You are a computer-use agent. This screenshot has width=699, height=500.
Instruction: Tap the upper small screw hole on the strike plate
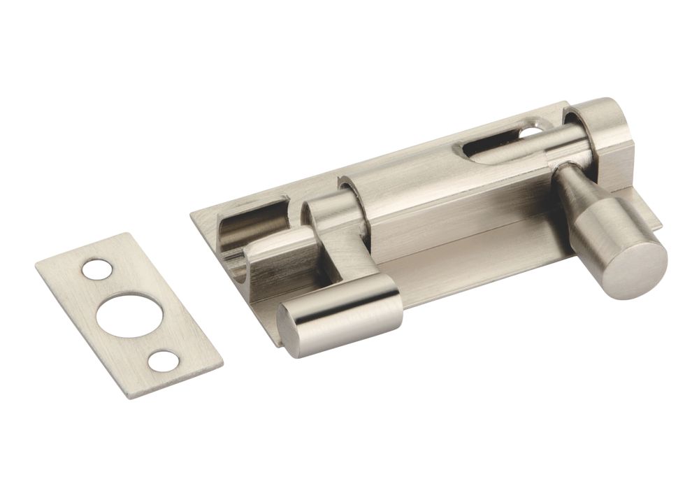(96, 270)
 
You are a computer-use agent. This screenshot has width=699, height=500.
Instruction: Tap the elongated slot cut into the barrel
(489, 147)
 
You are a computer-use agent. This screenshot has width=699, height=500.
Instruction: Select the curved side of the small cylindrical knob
(349, 308)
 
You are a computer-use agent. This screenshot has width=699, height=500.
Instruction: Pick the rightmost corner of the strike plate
(223, 364)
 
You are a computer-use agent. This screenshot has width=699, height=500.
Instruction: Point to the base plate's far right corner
(661, 225)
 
